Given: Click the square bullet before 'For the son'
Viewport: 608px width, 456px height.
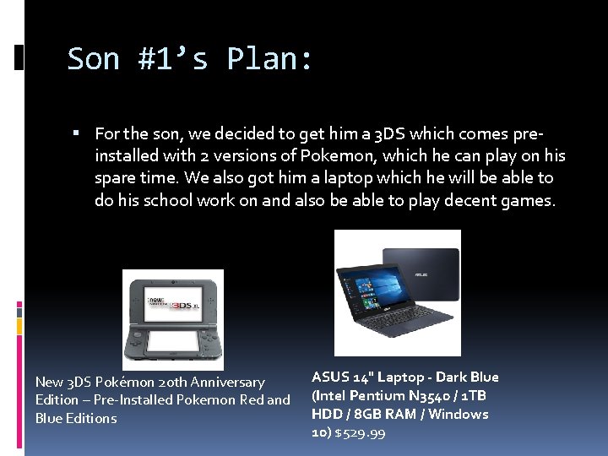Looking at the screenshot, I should click(x=76, y=133).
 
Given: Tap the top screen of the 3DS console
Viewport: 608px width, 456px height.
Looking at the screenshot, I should click(x=173, y=299).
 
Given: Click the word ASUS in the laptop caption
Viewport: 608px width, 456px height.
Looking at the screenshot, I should click(x=330, y=377).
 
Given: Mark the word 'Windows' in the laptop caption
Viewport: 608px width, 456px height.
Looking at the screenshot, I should click(x=459, y=415).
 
